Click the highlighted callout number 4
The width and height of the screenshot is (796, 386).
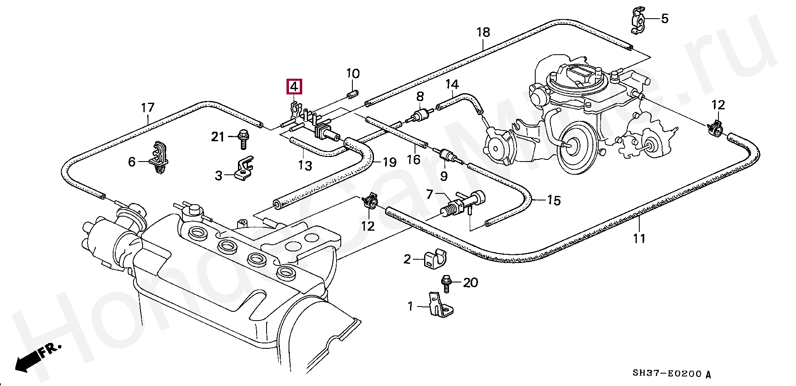point(294,87)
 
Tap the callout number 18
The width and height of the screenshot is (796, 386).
point(483,32)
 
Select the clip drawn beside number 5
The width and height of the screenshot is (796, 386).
point(637,21)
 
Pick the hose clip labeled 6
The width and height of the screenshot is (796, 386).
point(160,158)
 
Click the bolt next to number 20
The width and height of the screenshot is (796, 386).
point(447,284)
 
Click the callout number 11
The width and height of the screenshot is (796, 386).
point(639,239)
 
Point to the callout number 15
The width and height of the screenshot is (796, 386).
point(553,200)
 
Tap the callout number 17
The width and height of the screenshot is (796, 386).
point(148,108)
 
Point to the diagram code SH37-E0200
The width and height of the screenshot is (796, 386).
point(667,374)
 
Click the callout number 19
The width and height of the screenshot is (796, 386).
point(389,162)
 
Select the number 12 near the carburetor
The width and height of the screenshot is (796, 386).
point(718,105)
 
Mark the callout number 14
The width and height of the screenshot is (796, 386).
point(452,84)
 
